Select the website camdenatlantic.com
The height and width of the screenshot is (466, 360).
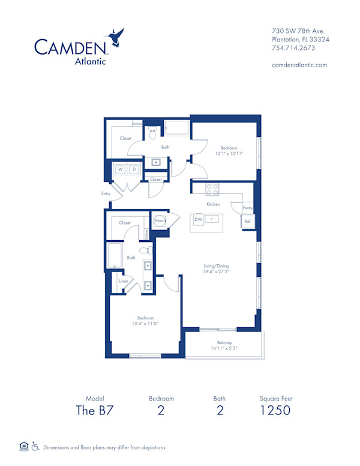299,65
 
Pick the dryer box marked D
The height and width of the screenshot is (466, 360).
134,169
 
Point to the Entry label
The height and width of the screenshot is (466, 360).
106,193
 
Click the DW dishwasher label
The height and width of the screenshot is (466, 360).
198,220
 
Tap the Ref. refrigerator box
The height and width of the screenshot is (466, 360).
247,221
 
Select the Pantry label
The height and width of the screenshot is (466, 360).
247,208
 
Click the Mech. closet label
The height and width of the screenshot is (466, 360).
160,220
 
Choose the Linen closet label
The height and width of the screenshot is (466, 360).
123,280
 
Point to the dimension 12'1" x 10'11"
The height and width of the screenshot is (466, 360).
228,154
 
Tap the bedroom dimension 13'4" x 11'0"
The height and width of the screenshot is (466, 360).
145,324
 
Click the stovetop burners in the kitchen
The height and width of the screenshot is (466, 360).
212,189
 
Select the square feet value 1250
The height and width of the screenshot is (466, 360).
276,410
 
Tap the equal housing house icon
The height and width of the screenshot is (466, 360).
24,446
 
